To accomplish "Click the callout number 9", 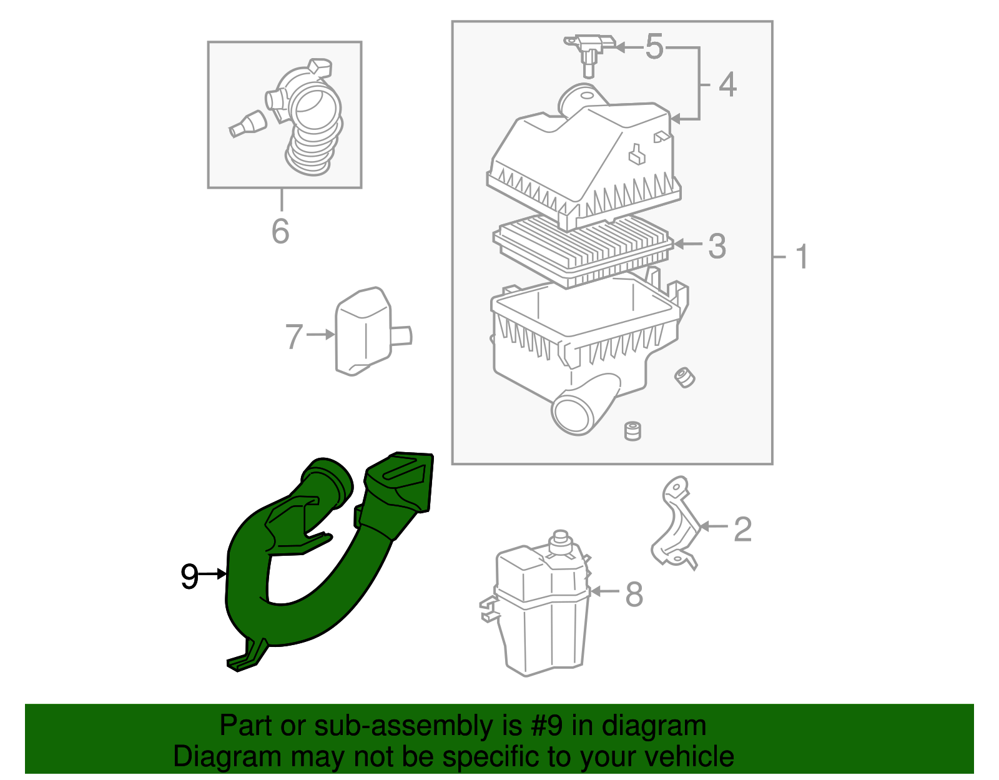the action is pyautogui.click(x=189, y=576).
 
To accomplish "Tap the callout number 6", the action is pyautogui.click(x=280, y=230).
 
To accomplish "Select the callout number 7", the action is pyautogui.click(x=294, y=336).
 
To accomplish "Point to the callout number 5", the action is pyautogui.click(x=654, y=46).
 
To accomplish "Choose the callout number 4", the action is pyautogui.click(x=728, y=84).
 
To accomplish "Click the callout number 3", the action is pyautogui.click(x=717, y=246).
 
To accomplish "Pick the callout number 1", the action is pyautogui.click(x=802, y=257).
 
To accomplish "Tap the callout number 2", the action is pyautogui.click(x=743, y=529).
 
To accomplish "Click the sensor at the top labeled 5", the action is pyautogui.click(x=588, y=53).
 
